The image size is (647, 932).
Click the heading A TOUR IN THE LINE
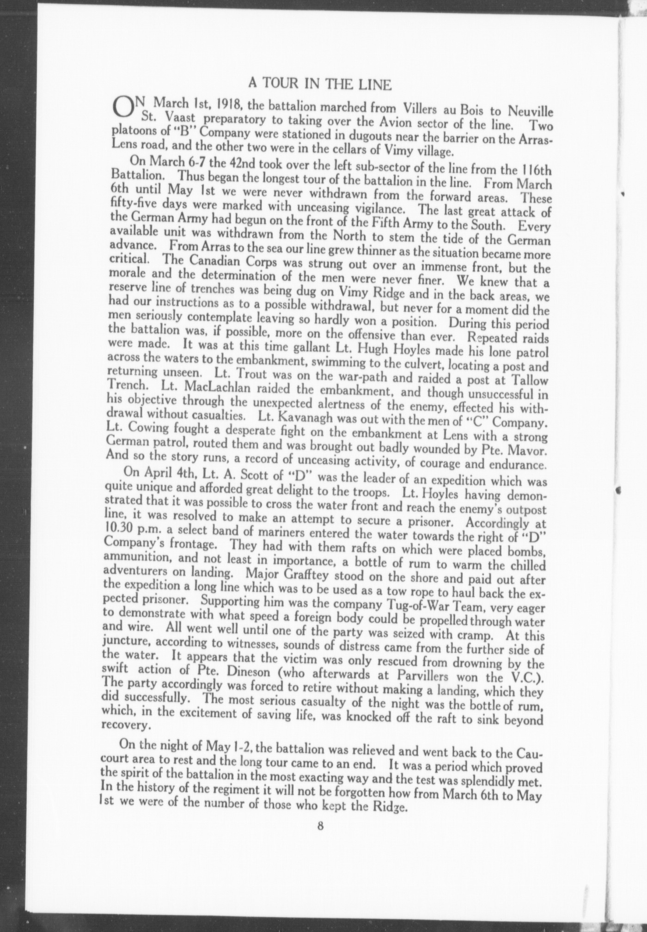(x=320, y=84)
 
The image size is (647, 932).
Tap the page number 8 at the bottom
(x=320, y=826)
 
